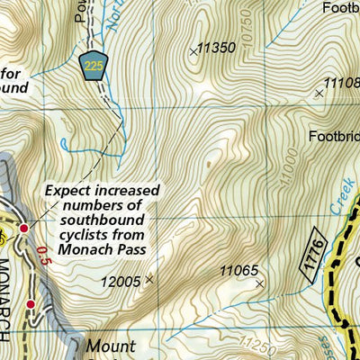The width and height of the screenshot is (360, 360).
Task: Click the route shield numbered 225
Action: (94, 66)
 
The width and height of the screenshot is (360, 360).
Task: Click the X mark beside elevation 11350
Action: (193, 52)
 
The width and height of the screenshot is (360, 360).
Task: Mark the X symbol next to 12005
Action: (149, 280)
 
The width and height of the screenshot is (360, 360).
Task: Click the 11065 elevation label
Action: (238, 270)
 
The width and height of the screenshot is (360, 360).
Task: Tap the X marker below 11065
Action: (260, 284)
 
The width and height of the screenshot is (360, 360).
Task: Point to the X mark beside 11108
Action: (318, 92)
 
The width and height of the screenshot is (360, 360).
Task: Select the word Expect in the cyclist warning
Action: (68, 192)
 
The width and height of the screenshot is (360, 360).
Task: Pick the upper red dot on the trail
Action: (24, 229)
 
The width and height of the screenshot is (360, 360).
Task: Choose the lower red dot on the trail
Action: (31, 305)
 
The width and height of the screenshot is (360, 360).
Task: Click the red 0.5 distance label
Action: (39, 256)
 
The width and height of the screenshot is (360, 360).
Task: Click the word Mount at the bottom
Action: (111, 346)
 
